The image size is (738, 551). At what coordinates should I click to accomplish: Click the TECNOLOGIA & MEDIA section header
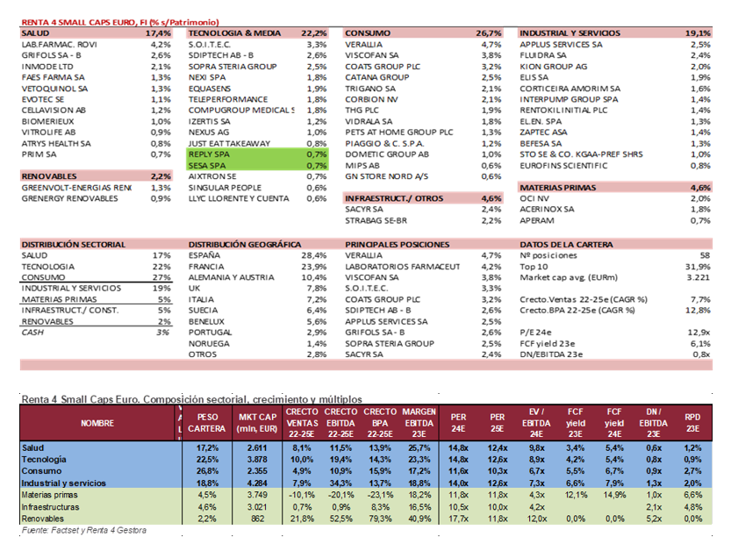(x=234, y=32)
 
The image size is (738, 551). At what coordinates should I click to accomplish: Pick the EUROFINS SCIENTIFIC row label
(x=562, y=165)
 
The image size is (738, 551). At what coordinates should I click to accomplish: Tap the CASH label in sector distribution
(x=32, y=333)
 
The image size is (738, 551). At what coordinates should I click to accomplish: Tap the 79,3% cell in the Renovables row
(x=379, y=518)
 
